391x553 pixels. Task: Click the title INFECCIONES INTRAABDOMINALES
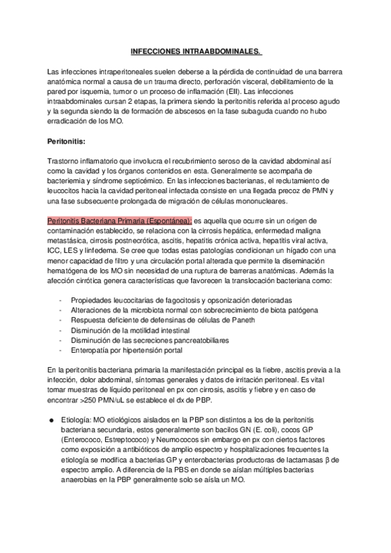pos(196,50)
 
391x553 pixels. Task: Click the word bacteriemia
pos(69,181)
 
